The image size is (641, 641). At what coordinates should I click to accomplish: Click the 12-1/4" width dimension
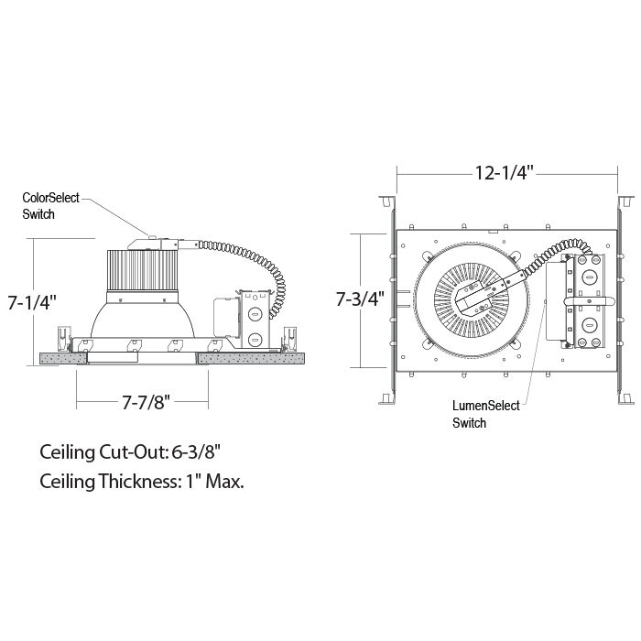[x=505, y=173]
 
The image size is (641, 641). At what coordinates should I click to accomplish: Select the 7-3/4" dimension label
[x=360, y=299]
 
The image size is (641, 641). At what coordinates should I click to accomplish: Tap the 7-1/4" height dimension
[x=32, y=302]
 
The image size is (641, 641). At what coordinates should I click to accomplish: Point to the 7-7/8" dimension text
[x=146, y=403]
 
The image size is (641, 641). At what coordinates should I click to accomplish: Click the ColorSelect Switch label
[x=50, y=206]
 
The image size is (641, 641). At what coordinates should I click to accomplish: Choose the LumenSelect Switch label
[x=485, y=414]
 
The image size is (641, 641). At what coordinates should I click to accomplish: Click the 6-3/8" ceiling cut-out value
[x=196, y=452]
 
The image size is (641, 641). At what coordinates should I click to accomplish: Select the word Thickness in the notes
[x=138, y=481]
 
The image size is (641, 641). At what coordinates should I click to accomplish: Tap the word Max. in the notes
[x=224, y=481]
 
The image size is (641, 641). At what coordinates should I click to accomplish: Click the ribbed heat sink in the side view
[x=142, y=270]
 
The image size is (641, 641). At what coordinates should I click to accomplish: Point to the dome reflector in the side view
[x=142, y=320]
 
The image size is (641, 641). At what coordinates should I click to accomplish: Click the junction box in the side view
[x=255, y=320]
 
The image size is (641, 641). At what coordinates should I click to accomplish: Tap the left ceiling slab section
[x=64, y=359]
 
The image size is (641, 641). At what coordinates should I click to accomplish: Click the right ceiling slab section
[x=251, y=359]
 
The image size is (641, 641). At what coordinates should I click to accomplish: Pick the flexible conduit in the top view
[x=557, y=255]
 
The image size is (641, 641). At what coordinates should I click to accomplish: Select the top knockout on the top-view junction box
[x=589, y=278]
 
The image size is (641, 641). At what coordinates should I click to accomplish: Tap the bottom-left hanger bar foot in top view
[x=387, y=399]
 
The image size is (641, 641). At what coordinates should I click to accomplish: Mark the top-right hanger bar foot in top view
[x=625, y=201]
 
